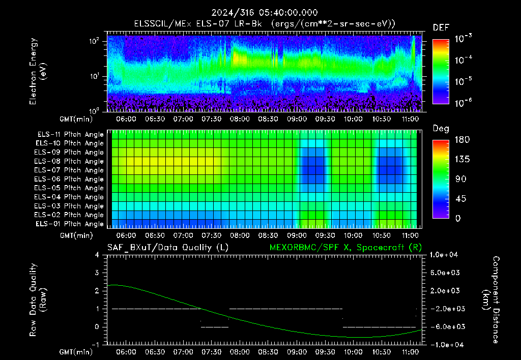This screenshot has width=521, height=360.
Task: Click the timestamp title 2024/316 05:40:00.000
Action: (265, 13)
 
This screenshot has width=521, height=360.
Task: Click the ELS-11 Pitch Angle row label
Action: (70, 135)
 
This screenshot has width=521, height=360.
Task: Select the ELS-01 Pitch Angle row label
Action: (70, 224)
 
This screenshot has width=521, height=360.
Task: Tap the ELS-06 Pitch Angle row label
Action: (69, 179)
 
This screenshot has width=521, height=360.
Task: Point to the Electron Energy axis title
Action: (38, 71)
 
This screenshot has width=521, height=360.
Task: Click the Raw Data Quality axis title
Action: (38, 300)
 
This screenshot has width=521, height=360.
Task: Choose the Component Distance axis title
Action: (491, 300)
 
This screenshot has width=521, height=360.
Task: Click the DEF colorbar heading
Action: (441, 28)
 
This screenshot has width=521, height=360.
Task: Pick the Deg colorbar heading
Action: (441, 129)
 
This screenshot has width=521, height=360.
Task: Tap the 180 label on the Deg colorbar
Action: (462, 140)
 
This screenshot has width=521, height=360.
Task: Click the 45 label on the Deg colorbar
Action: (460, 199)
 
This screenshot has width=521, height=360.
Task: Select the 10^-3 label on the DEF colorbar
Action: (464, 39)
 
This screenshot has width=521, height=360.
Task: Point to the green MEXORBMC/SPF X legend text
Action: (345, 248)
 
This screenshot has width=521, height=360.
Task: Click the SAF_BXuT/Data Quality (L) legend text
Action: (168, 248)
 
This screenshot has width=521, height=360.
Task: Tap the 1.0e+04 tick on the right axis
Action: (444, 255)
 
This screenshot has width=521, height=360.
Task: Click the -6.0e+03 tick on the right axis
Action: (445, 327)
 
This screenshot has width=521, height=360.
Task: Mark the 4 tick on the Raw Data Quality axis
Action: (97, 255)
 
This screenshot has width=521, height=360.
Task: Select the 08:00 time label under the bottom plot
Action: (240, 352)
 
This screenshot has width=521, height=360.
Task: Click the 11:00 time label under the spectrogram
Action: (411, 119)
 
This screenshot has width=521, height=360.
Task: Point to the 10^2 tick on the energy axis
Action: (94, 41)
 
